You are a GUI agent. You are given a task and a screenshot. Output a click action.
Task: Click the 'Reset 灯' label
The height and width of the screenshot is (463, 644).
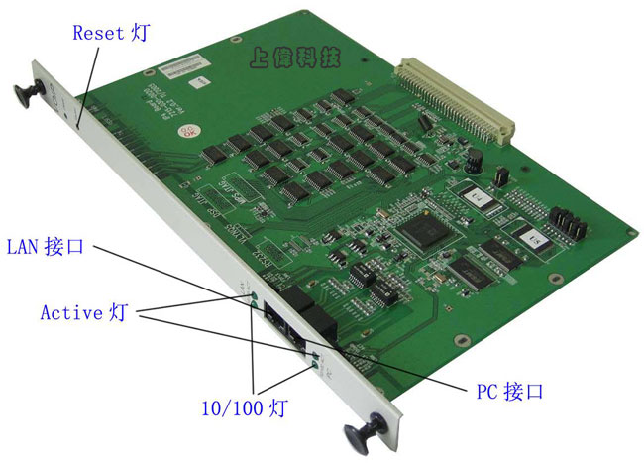(112, 33)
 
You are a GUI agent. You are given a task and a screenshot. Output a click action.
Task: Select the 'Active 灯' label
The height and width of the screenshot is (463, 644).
(84, 313)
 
